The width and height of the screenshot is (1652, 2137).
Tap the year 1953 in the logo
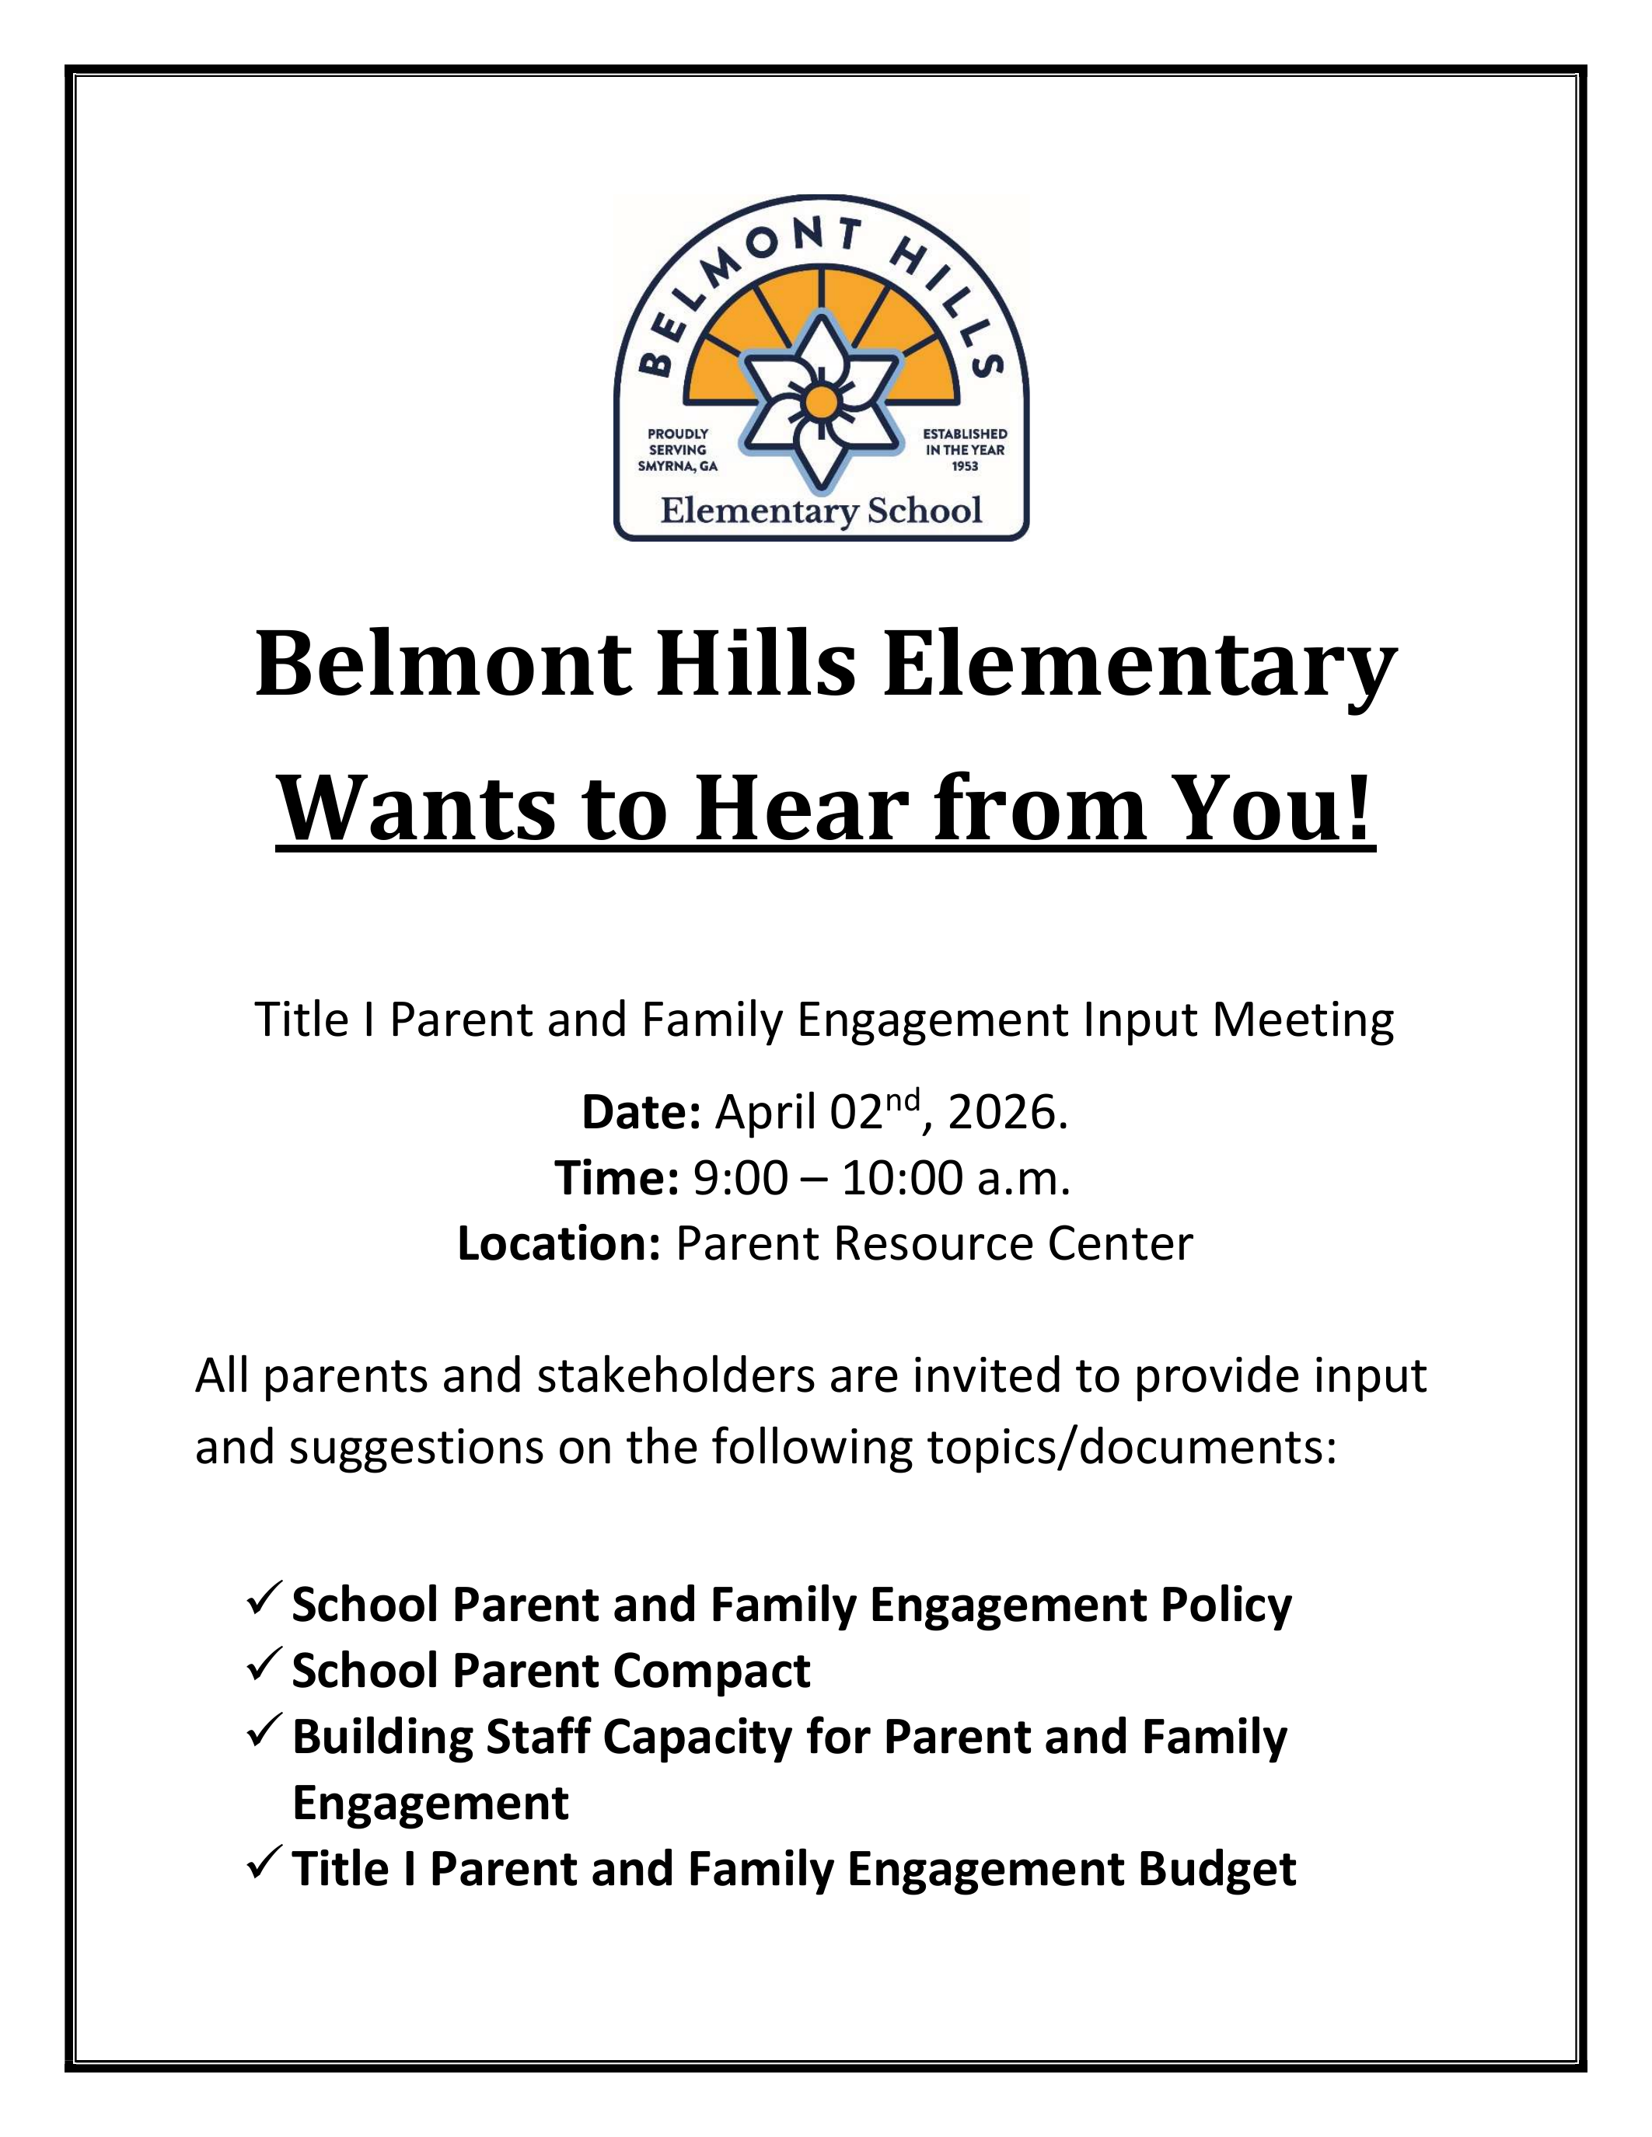point(965,467)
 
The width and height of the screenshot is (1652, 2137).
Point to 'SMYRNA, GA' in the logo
point(677,467)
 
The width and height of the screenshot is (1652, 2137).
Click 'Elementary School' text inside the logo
point(821,511)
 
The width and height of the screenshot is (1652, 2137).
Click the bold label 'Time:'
point(616,1178)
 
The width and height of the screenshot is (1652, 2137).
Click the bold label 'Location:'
point(560,1243)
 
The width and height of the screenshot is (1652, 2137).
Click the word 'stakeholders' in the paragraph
point(676,1375)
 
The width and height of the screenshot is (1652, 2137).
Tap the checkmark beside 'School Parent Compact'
point(265,1665)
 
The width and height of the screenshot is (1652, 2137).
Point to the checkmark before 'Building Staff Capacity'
point(265,1731)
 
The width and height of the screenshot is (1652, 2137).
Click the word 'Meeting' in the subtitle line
point(1304,1020)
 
